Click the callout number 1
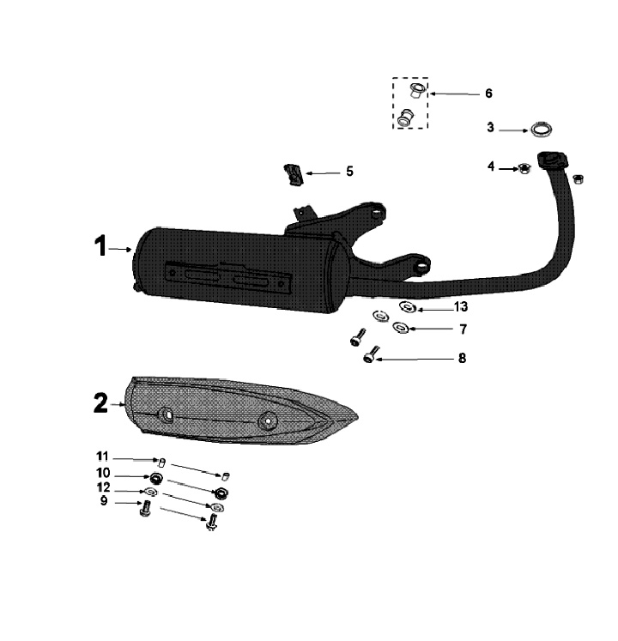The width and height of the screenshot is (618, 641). [x=100, y=246]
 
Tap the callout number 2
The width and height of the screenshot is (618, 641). [x=101, y=403]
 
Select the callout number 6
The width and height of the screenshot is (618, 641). [x=488, y=94]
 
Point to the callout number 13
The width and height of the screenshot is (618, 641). [x=461, y=306]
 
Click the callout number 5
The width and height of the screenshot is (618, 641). [x=349, y=172]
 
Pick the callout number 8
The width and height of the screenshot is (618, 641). [x=462, y=358]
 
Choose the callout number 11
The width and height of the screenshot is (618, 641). [x=102, y=456]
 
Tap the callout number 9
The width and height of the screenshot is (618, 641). [x=104, y=500]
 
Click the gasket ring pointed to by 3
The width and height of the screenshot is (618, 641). [x=542, y=130]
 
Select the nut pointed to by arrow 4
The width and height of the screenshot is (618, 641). [x=524, y=168]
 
